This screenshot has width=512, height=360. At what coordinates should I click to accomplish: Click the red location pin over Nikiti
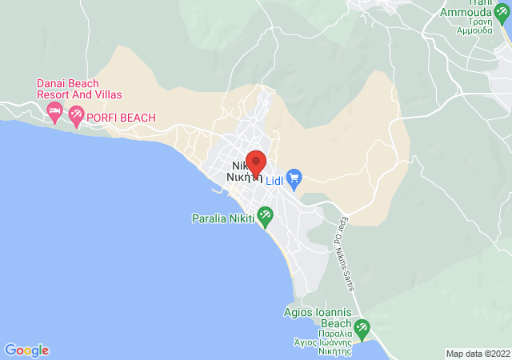click(255, 162)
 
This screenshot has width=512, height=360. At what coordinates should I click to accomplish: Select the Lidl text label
click(274, 180)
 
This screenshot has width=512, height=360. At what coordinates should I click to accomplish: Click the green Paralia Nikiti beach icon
click(265, 215)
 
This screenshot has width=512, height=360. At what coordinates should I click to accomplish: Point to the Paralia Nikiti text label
click(223, 218)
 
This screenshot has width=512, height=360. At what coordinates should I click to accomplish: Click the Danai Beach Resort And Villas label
click(68, 89)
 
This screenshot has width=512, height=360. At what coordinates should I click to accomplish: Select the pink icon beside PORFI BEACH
click(76, 116)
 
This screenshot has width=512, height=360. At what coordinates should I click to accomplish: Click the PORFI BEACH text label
click(121, 118)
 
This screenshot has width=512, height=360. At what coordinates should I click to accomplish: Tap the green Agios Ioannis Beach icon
click(362, 326)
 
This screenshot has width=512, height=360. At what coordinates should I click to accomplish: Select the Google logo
click(26, 350)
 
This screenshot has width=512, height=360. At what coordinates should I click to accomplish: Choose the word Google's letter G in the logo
click(10, 350)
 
